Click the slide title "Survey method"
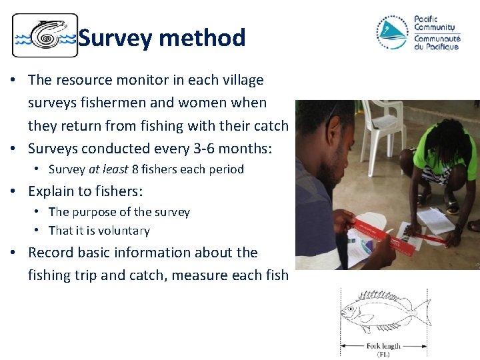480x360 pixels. point(162,38)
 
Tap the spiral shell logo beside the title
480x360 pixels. point(45,36)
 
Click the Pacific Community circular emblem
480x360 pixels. point(392,32)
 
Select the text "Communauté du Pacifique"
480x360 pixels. point(437,42)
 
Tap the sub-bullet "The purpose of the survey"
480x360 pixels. point(119,212)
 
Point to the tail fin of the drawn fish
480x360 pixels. point(421,309)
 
